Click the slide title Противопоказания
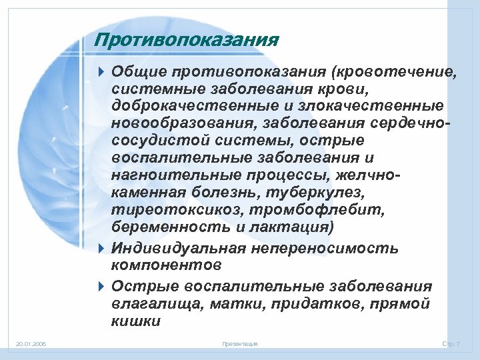click(x=186, y=41)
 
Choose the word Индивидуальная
click(x=178, y=249)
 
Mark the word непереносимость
click(x=326, y=249)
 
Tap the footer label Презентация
click(x=239, y=344)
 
